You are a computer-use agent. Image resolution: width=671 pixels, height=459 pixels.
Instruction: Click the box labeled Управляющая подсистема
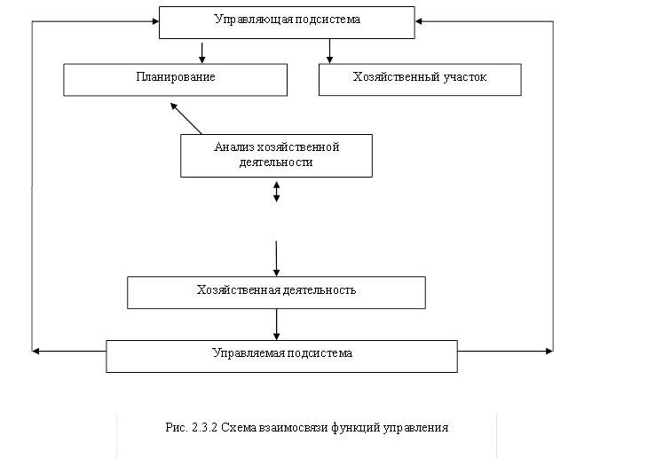coord(287,22)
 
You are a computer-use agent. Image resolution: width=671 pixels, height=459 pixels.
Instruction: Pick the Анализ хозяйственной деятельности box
coord(276,155)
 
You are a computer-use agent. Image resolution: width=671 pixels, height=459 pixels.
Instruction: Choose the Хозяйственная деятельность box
coord(276,292)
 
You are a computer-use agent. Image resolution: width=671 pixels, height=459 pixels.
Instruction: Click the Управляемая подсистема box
coord(281,355)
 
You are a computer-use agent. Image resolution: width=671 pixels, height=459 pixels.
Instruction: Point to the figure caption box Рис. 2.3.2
coord(306,435)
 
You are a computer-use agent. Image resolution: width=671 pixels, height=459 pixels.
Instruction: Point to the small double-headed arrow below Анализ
coord(276,191)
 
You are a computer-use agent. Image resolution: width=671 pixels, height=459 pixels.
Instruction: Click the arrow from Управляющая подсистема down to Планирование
coord(202,51)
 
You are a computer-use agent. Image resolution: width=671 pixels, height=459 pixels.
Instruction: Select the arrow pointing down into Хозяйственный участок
coord(329,51)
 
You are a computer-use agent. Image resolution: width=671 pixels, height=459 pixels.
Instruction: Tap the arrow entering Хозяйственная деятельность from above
coord(276,257)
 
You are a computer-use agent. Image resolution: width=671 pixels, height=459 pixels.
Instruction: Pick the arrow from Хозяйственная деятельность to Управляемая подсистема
coord(277,324)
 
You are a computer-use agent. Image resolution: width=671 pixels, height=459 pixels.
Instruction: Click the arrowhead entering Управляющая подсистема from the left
coord(153,21)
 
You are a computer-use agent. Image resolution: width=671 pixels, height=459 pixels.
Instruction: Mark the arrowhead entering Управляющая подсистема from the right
coord(421,21)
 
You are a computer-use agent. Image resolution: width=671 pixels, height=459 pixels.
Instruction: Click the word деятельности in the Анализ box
coord(276,163)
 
